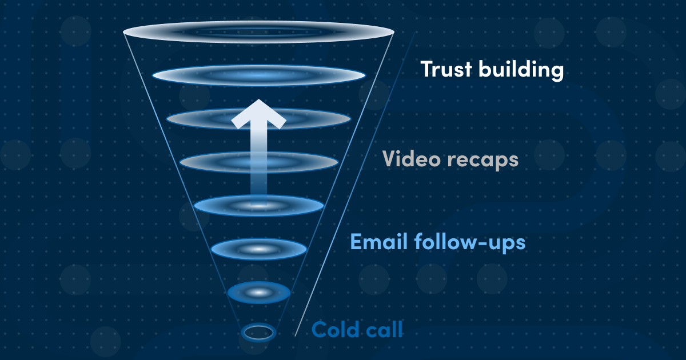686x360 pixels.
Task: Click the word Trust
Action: pyautogui.click(x=446, y=69)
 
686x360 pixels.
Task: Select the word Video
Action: pyautogui.click(x=412, y=159)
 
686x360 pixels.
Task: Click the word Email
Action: pyautogui.click(x=379, y=242)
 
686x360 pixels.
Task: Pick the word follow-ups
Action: pyautogui.click(x=470, y=243)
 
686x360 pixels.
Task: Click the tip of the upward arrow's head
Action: pyautogui.click(x=259, y=99)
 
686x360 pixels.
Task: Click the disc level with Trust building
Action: pyautogui.click(x=259, y=75)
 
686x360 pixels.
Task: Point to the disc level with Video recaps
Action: pyautogui.click(x=259, y=162)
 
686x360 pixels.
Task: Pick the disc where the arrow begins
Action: pyautogui.click(x=259, y=206)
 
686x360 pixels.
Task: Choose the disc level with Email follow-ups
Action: pyautogui.click(x=259, y=249)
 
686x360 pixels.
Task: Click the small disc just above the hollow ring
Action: pyautogui.click(x=259, y=293)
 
